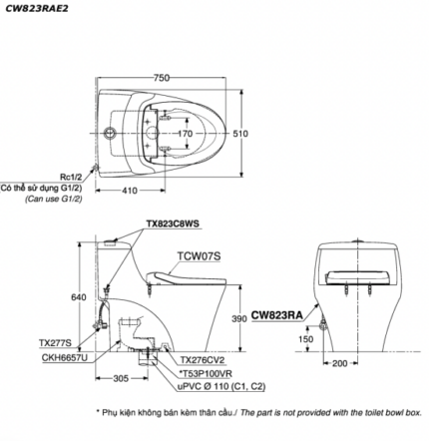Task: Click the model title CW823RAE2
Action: (x=36, y=8)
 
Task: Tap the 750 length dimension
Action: (x=162, y=78)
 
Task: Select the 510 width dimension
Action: (x=240, y=134)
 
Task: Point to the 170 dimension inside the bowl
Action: (x=186, y=134)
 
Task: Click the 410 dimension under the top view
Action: (x=130, y=191)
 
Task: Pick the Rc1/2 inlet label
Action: (x=71, y=179)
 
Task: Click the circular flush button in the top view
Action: (x=109, y=134)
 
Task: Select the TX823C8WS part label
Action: (x=173, y=223)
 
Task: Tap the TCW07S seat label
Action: (x=199, y=256)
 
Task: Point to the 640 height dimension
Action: (x=79, y=297)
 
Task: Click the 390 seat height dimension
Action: (x=239, y=319)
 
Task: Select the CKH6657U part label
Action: (x=65, y=357)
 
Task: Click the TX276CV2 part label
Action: (x=203, y=360)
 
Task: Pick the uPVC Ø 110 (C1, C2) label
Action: (x=221, y=386)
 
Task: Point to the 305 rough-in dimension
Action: (x=121, y=378)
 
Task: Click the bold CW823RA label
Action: (x=277, y=315)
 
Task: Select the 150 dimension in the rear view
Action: (x=306, y=339)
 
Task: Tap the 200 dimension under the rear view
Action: (x=340, y=363)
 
